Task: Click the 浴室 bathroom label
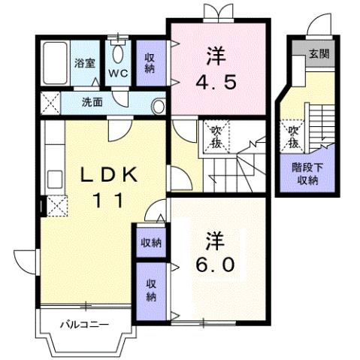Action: tap(83, 64)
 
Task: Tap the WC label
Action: tap(119, 73)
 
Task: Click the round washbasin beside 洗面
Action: tap(159, 106)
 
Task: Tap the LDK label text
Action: tap(110, 175)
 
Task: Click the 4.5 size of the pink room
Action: tap(219, 81)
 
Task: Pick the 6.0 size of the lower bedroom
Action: tap(217, 265)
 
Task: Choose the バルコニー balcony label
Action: tap(84, 325)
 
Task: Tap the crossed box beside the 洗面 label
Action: tap(50, 101)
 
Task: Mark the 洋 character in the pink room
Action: tap(218, 54)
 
